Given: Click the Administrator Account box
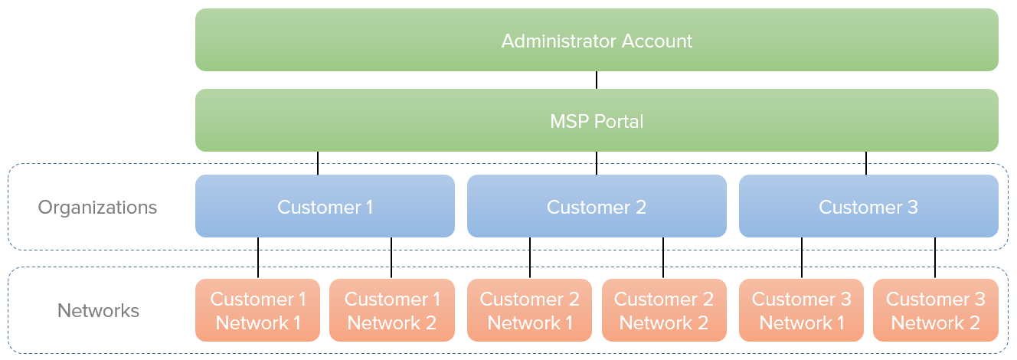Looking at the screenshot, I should pyautogui.click(x=597, y=40).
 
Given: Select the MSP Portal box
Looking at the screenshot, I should pyautogui.click(x=597, y=120).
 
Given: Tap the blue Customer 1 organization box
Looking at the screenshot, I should pyautogui.click(x=325, y=206).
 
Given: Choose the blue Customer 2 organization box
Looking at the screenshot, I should pyautogui.click(x=597, y=206).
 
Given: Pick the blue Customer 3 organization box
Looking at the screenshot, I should pyautogui.click(x=868, y=206).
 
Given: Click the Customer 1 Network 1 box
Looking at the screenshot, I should pyautogui.click(x=258, y=310).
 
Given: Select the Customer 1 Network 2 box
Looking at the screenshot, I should pyautogui.click(x=391, y=310).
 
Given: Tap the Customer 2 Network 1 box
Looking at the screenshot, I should pyautogui.click(x=529, y=310).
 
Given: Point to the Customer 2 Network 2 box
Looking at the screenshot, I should pyautogui.click(x=663, y=310).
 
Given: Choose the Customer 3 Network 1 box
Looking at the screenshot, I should pyautogui.click(x=801, y=310).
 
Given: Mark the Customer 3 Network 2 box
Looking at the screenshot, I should pyautogui.click(x=935, y=310).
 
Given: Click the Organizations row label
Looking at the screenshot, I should pyautogui.click(x=98, y=207).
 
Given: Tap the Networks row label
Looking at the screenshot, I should pyautogui.click(x=98, y=310).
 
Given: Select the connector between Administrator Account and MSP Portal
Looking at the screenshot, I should pyautogui.click(x=597, y=80).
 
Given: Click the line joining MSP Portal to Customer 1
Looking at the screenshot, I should pyautogui.click(x=318, y=163).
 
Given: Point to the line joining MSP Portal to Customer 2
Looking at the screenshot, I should pyautogui.click(x=597, y=163).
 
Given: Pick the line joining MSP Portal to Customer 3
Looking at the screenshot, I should pyautogui.click(x=866, y=163).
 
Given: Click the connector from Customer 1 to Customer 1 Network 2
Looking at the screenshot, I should pyautogui.click(x=391, y=257).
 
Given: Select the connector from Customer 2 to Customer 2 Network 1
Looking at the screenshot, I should pyautogui.click(x=529, y=257).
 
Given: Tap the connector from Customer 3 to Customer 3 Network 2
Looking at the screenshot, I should pyautogui.click(x=935, y=257).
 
